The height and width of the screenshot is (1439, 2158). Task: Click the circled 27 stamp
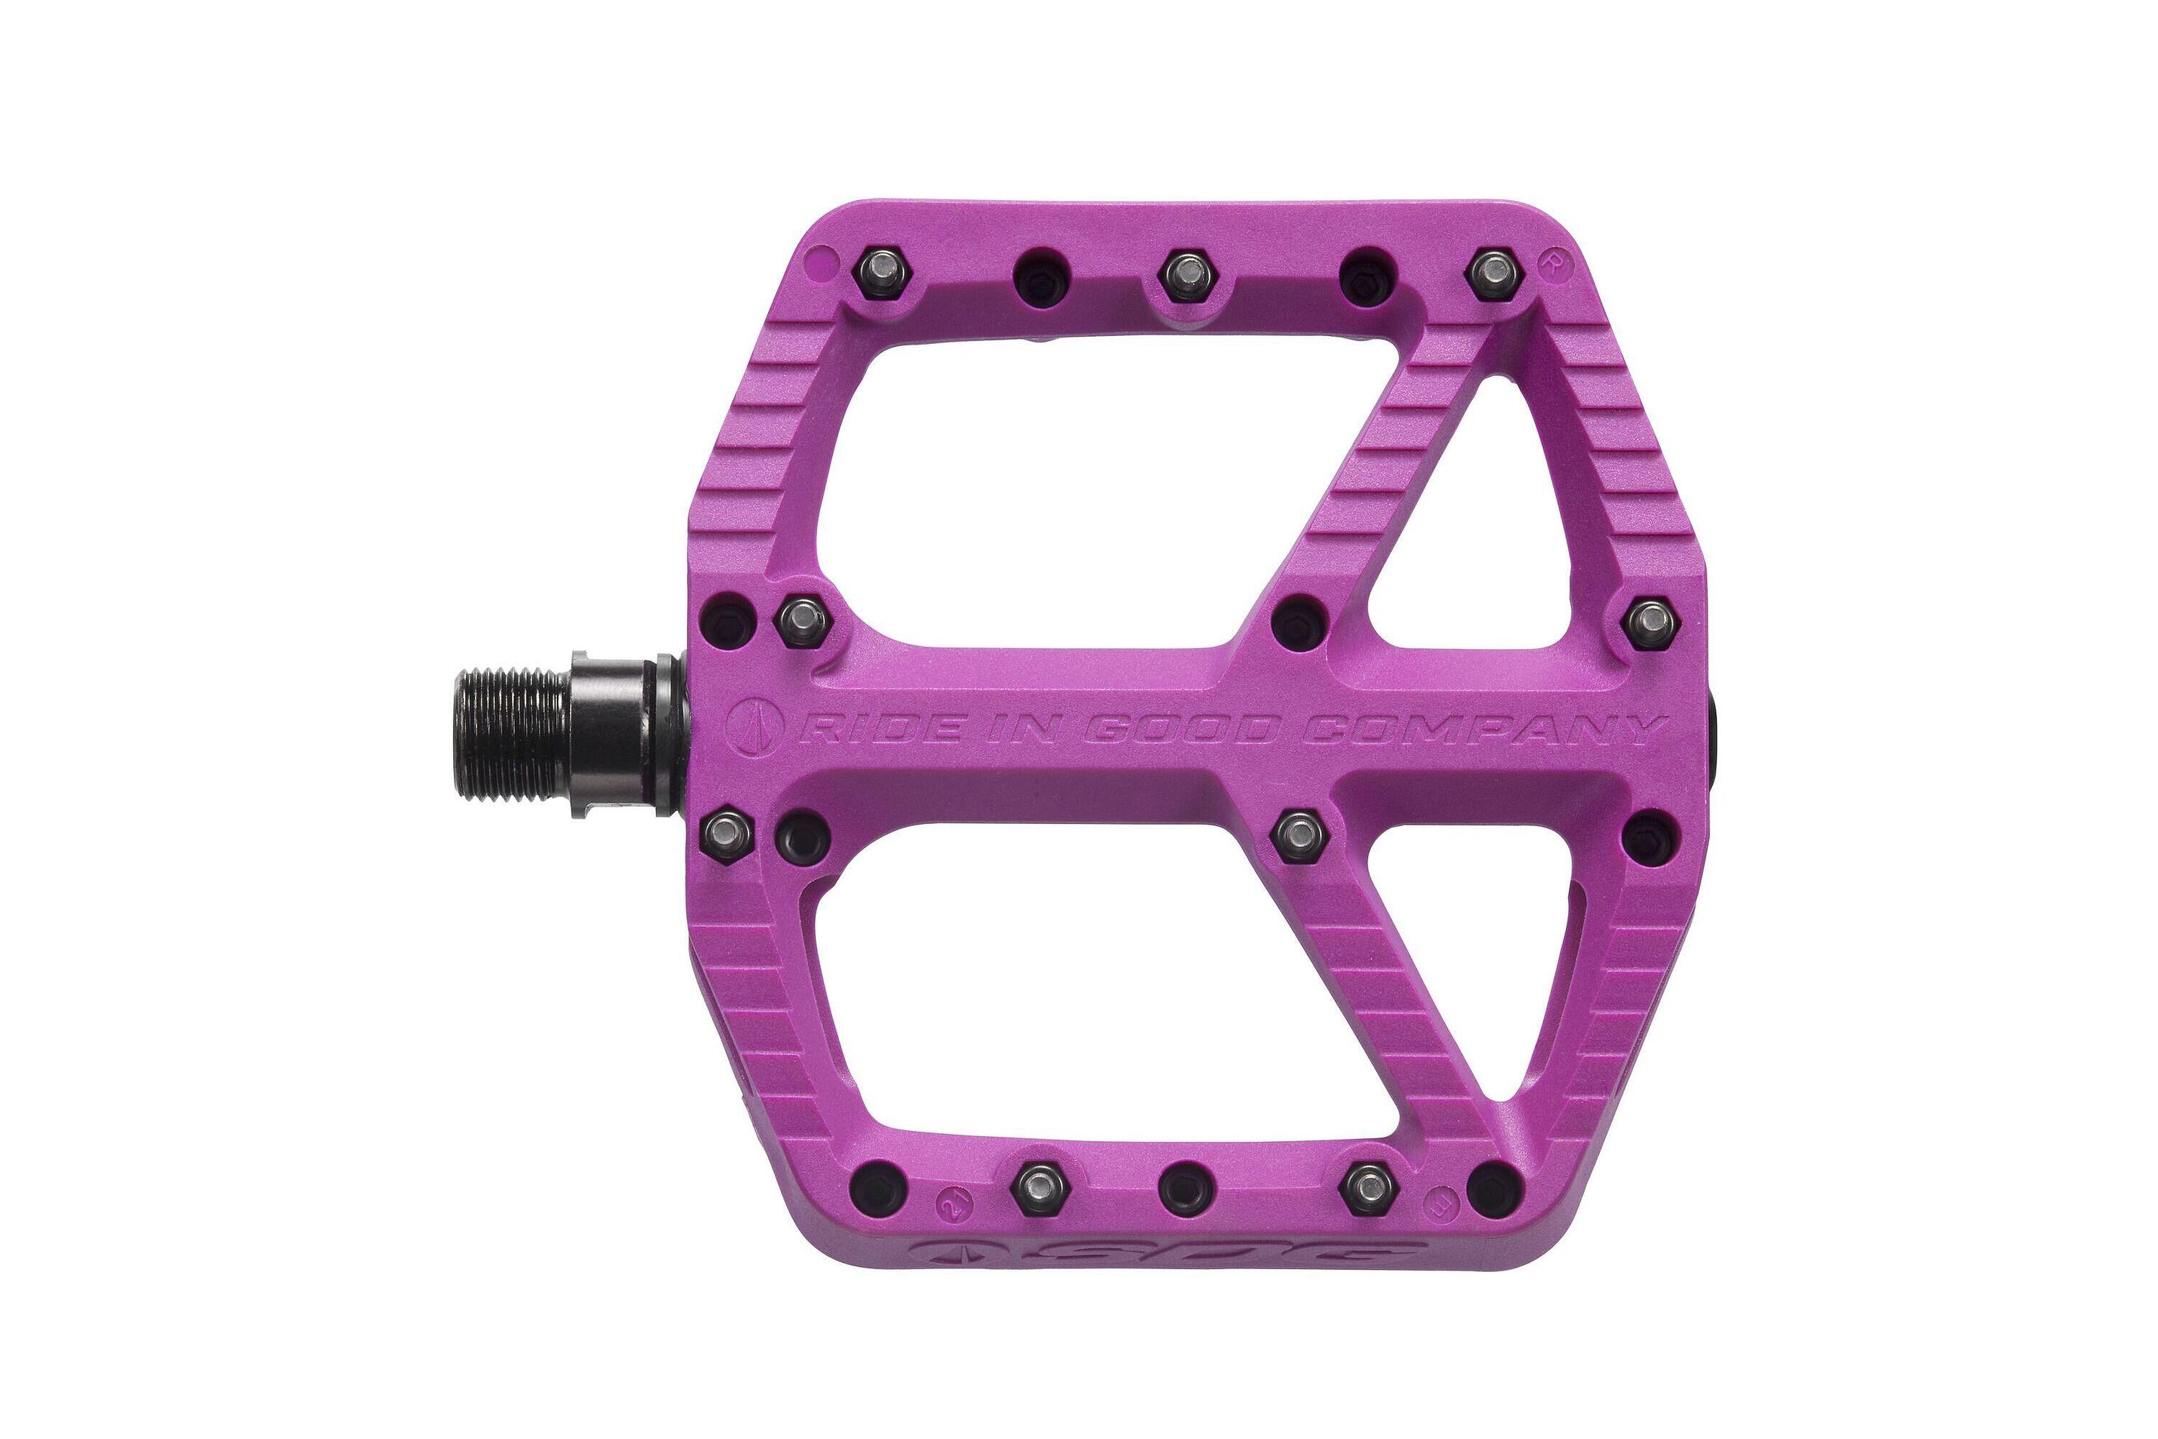pyautogui.click(x=952, y=1202)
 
